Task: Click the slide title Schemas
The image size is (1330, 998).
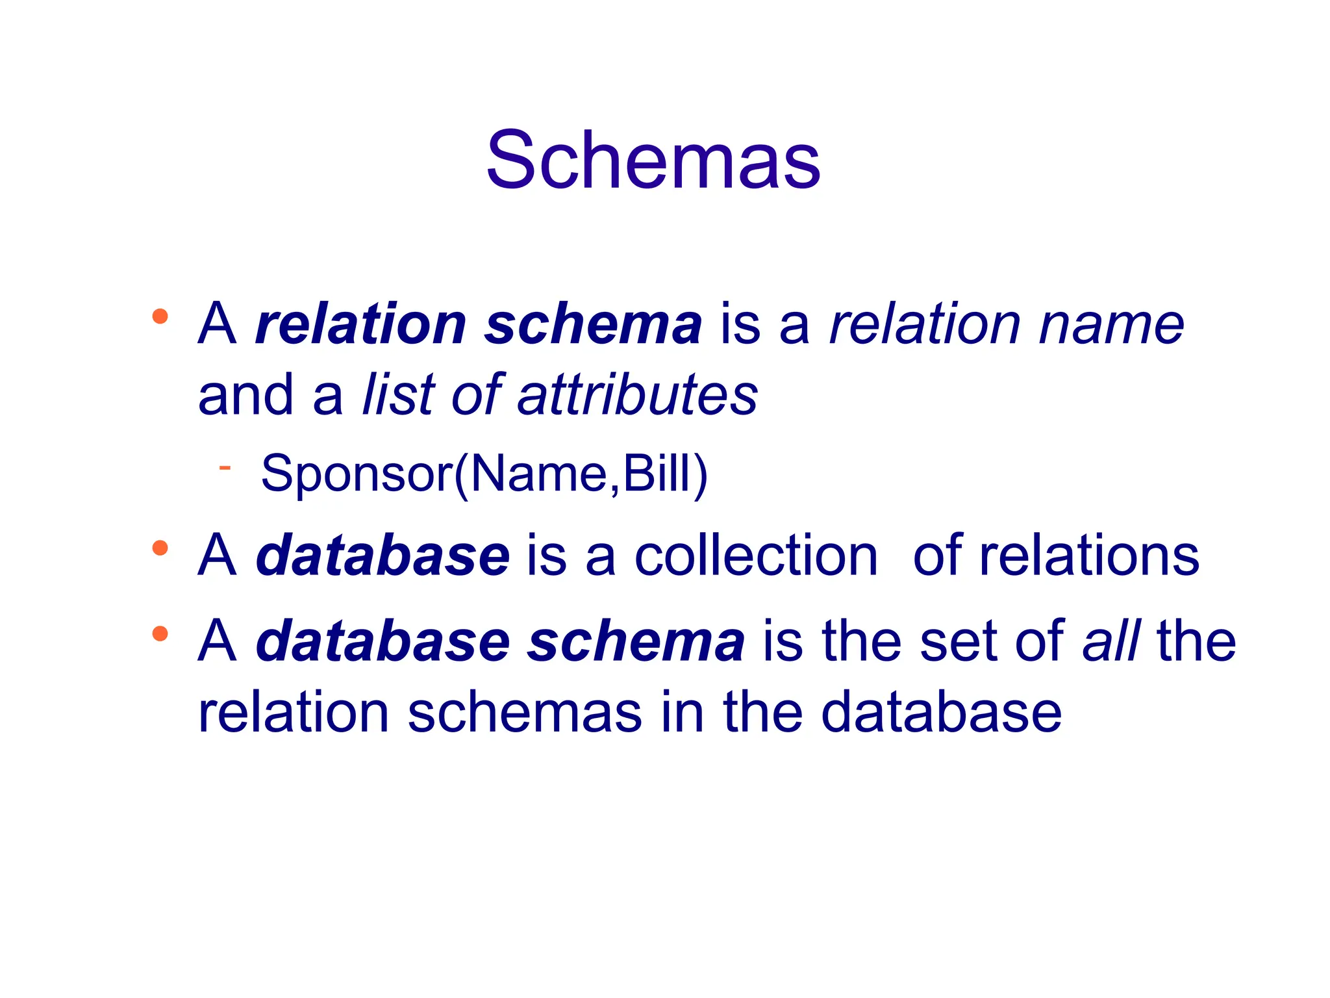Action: [653, 160]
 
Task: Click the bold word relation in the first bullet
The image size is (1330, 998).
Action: [361, 324]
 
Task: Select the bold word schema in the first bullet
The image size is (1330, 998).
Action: [593, 324]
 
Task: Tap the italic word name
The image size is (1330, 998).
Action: [1111, 324]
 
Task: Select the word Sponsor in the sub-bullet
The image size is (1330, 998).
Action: [357, 474]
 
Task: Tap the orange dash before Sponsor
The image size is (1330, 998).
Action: [225, 467]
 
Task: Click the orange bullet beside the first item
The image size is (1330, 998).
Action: [160, 317]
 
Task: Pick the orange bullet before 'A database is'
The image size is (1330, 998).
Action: [160, 548]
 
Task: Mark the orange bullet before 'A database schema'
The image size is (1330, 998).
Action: [160, 633]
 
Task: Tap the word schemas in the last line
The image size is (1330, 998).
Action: [525, 713]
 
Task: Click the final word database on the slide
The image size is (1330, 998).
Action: [941, 713]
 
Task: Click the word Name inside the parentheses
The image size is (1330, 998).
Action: [538, 474]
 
